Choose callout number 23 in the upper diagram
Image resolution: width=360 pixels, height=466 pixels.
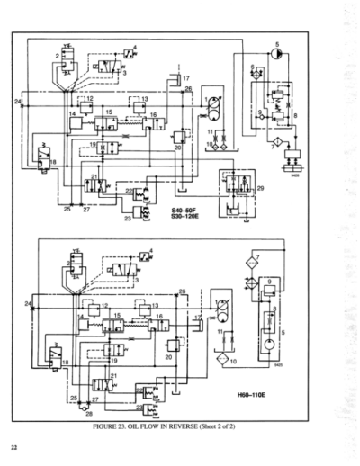[x=127, y=218]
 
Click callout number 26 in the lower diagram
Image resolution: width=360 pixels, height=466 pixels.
[x=183, y=292]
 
